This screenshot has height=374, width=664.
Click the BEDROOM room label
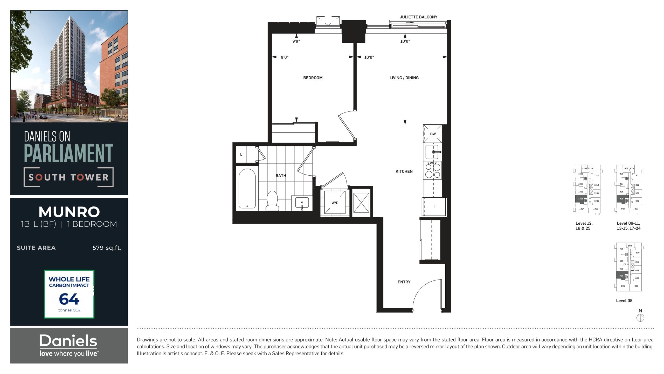click(313, 78)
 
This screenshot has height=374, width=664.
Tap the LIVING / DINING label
click(404, 78)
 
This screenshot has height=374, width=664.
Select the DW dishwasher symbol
click(433, 134)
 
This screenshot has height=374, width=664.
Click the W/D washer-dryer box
click(335, 203)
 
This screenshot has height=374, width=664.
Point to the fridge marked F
click(434, 207)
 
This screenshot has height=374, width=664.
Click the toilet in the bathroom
click(272, 201)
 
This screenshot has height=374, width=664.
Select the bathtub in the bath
click(247, 188)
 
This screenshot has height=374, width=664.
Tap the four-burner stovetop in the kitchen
click(433, 170)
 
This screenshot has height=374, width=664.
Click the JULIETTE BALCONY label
click(418, 17)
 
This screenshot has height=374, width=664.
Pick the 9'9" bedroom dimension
click(296, 41)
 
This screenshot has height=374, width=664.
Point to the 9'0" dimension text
click(285, 57)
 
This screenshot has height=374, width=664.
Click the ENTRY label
click(404, 282)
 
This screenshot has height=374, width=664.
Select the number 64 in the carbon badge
click(69, 299)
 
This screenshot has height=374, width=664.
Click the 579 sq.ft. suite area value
click(107, 248)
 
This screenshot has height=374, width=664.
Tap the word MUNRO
click(69, 212)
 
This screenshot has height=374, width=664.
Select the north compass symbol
click(640, 317)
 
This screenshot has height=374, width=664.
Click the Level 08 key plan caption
click(624, 300)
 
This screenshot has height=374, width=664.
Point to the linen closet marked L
click(241, 155)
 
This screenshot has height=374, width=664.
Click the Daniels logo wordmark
click(68, 341)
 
